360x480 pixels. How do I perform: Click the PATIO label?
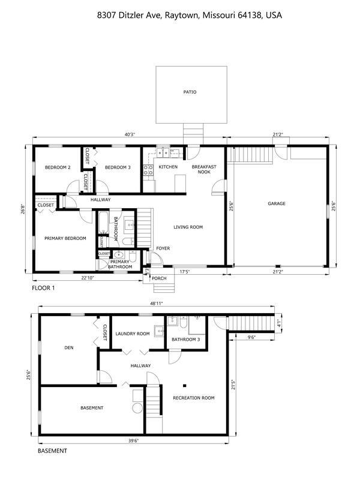tap(190, 92)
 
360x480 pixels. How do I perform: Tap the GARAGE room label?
tap(277, 203)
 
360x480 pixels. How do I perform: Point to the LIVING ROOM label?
tap(188, 227)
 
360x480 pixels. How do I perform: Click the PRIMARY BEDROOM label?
tap(65, 238)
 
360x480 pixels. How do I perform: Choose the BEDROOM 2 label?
tap(58, 167)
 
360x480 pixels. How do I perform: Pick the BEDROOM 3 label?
tap(118, 167)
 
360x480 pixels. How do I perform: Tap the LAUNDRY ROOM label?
tap(133, 334)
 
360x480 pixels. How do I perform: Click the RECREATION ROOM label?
tap(193, 398)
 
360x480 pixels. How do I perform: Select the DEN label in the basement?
tap(68, 347)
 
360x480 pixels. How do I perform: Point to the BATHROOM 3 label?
tap(185, 340)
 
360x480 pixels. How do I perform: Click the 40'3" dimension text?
tap(129, 134)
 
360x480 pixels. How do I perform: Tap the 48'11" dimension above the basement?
tap(157, 304)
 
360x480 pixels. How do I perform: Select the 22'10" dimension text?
tap(87, 277)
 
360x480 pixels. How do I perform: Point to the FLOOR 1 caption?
tap(44, 289)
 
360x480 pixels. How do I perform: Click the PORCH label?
tap(159, 278)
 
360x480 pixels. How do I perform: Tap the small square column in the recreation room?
tap(185, 385)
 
